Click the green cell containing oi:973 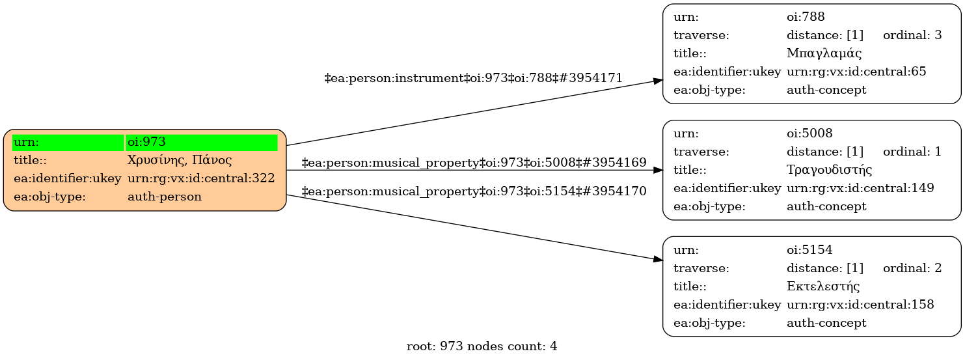pos(202,142)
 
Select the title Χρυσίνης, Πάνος pos(180,160)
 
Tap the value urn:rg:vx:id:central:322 pos(201,178)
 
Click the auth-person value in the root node pos(165,197)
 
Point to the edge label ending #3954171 pos(473,78)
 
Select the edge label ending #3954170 pos(474,191)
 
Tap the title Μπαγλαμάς pos(824,53)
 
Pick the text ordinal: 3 pos(912,35)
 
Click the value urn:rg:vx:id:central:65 pos(856,72)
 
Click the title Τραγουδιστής pos(829,170)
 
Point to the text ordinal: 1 pos(912,152)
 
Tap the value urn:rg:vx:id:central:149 pos(860,188)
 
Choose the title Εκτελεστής pos(823,286)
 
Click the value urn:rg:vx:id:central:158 pos(860,305)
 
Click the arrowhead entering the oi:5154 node pos(657,259)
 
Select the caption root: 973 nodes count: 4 pos(482,346)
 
